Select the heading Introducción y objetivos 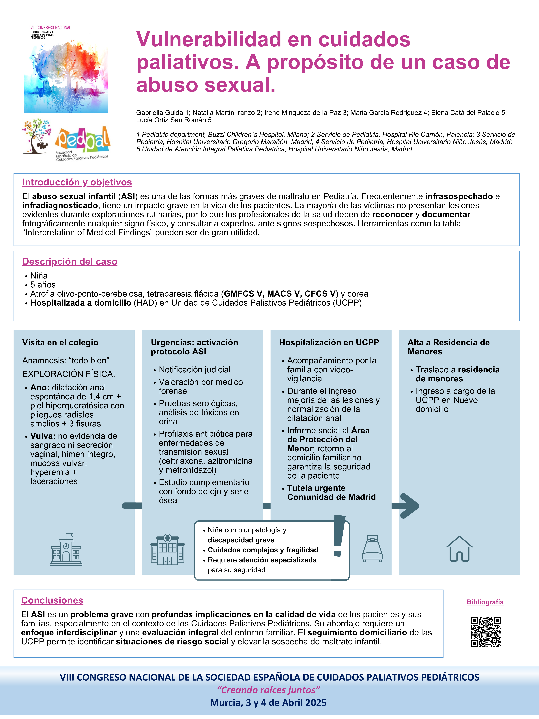pyautogui.click(x=77, y=182)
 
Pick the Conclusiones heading pyautogui.click(x=52, y=600)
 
